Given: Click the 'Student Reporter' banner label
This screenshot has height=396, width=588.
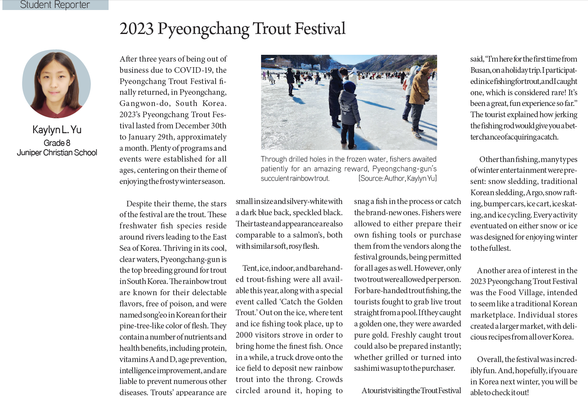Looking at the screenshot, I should point(55,5).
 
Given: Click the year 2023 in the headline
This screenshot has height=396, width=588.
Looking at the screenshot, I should point(137,29).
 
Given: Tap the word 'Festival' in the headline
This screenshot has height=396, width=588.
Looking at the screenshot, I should point(320,29).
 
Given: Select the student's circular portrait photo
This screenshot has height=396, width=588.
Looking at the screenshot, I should point(56,84).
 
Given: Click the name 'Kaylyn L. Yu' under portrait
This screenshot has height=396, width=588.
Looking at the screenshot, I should point(57,130).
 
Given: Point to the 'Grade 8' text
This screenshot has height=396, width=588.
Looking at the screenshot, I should point(57,143).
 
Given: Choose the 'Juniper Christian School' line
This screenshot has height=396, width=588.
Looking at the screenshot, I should point(57,152).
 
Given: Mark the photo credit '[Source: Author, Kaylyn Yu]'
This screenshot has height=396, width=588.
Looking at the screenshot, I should point(397,178).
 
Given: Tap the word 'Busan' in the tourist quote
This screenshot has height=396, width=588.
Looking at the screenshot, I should point(479,70).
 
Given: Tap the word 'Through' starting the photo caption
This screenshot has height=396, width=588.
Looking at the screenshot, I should point(273,159).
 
